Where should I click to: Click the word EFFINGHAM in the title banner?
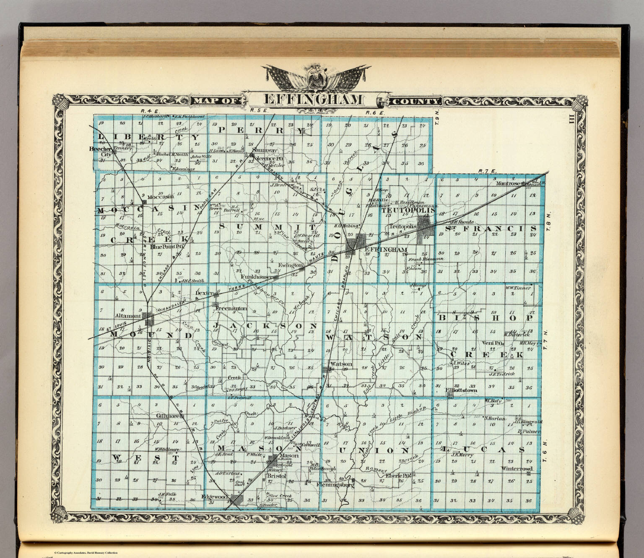click(x=313, y=100)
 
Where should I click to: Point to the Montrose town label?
click(x=508, y=183)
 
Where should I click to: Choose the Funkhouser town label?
click(x=256, y=278)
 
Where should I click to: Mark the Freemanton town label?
click(x=231, y=309)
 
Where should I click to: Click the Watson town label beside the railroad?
click(x=341, y=364)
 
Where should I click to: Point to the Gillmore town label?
click(x=168, y=416)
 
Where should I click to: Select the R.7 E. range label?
click(x=488, y=171)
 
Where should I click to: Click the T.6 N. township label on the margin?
click(x=545, y=451)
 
